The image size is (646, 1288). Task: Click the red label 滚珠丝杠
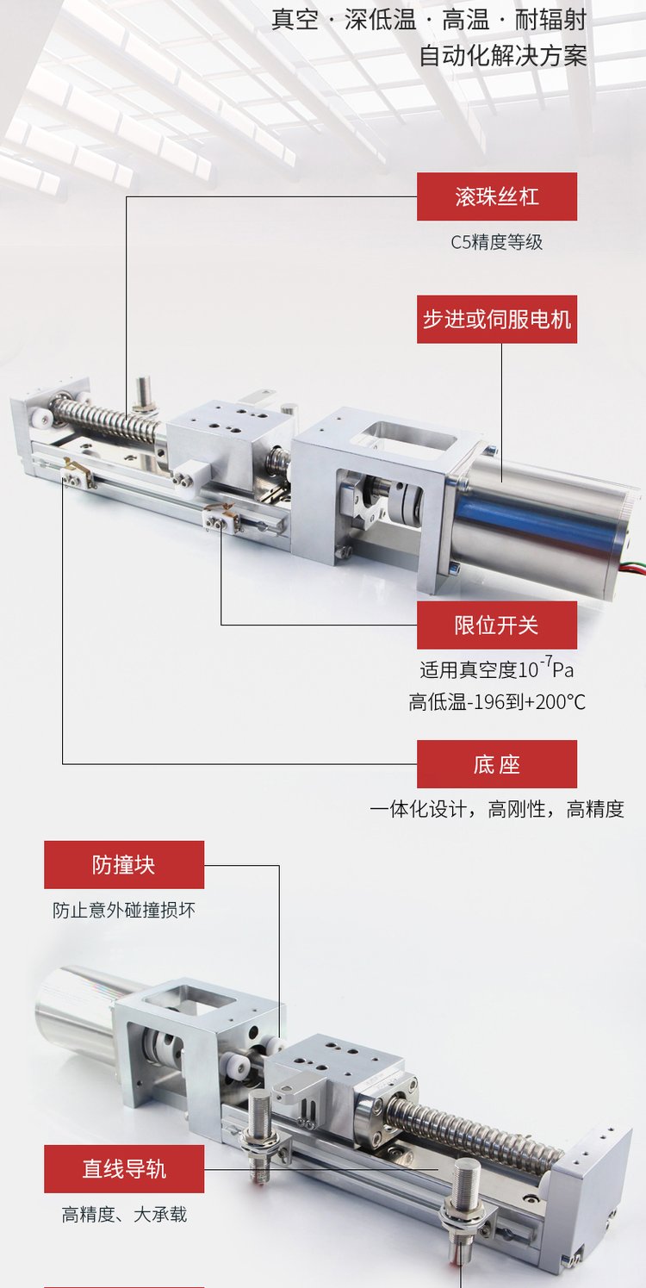coord(497,196)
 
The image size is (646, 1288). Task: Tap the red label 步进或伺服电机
coord(497,320)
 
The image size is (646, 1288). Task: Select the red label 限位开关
coord(497,625)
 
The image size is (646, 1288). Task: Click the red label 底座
coord(497,764)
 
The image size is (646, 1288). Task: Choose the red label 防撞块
coord(124,865)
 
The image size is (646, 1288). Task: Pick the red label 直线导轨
coord(124,1169)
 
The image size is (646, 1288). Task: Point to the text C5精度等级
coord(497,242)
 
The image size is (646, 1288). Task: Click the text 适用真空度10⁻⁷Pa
coord(497,669)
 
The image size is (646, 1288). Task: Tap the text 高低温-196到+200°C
coord(497,701)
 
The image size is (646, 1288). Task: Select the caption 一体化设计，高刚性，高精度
coord(497,809)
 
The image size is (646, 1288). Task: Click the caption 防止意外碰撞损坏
coord(124,911)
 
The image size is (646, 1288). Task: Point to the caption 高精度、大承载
coord(124,1215)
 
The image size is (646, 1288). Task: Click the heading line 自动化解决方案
coord(503,56)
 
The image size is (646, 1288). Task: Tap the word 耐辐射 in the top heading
coord(550,20)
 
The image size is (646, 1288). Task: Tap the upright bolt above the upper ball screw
coord(142,393)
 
